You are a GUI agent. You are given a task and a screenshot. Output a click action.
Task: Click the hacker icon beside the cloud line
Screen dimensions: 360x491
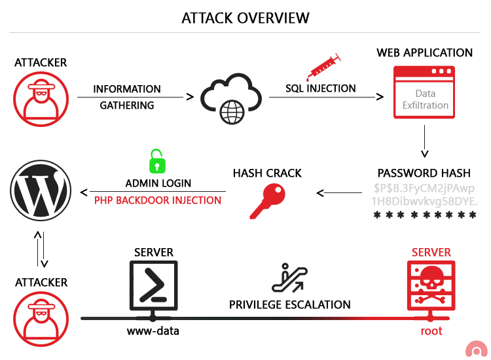click(x=41, y=99)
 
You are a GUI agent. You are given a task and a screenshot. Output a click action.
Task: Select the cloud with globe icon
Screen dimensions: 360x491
click(x=230, y=99)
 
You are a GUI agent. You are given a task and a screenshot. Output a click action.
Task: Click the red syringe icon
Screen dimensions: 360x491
click(x=323, y=67)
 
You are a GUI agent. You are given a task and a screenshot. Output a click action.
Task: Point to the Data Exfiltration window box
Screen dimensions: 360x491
click(x=424, y=92)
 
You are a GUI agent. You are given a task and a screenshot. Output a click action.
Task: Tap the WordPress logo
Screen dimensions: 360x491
click(x=41, y=190)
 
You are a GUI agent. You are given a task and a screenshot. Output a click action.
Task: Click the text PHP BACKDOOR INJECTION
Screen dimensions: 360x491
click(x=158, y=200)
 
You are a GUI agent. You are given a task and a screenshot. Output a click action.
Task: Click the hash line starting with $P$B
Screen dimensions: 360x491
click(x=424, y=188)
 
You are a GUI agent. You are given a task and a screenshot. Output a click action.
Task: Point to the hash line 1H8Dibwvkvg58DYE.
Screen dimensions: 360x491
click(x=424, y=201)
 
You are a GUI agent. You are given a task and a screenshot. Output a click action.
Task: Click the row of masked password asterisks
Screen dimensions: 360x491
click(x=424, y=215)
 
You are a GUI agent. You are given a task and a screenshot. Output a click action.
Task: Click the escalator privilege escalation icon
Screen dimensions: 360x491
click(x=289, y=278)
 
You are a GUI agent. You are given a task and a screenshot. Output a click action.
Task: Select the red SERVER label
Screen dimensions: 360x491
click(x=431, y=252)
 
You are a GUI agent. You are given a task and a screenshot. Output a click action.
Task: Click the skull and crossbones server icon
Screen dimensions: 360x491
click(x=431, y=285)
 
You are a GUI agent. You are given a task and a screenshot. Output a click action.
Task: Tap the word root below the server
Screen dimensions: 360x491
click(x=431, y=331)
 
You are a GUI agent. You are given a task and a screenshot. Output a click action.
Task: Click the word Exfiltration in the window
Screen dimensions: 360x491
click(x=426, y=105)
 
